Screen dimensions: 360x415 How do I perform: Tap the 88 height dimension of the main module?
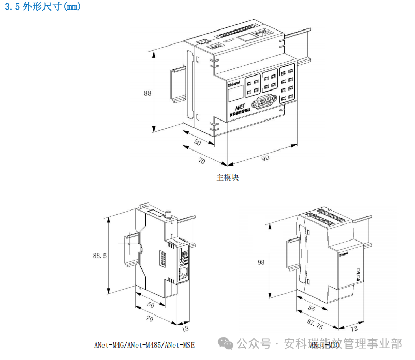tap(147, 94)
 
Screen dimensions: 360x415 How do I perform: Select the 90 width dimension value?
tap(265, 158)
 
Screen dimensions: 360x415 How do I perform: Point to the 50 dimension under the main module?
tap(197, 142)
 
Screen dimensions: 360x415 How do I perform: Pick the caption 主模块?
tap(228, 177)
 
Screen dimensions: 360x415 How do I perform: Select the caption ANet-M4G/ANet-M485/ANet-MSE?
tap(144, 345)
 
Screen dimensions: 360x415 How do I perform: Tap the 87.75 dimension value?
tap(316, 326)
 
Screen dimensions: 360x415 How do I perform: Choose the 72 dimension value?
tap(354, 328)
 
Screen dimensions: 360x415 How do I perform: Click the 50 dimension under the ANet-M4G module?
tap(150, 305)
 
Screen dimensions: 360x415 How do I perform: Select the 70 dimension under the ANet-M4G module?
tap(149, 319)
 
